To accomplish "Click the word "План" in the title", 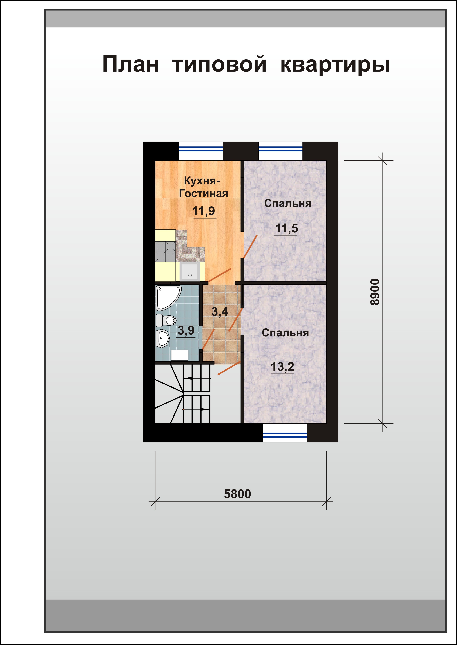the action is pos(130,64).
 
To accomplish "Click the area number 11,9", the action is pos(204,211).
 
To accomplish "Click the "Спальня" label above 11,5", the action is pos(288,204).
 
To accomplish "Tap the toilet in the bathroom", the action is pos(166,320).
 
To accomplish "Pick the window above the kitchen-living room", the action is pos(201,151).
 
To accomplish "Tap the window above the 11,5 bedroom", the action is pos(281,151).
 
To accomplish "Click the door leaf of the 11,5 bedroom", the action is pos(250,247).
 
